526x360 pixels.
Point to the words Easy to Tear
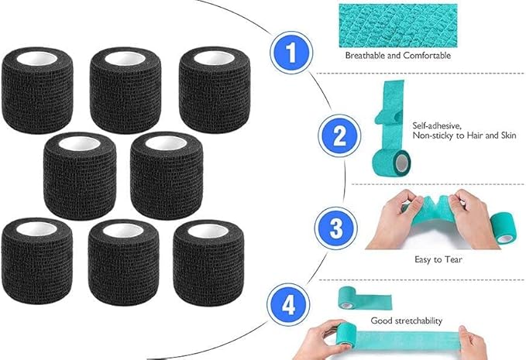[439, 259]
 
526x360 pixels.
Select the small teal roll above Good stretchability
[353, 297]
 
